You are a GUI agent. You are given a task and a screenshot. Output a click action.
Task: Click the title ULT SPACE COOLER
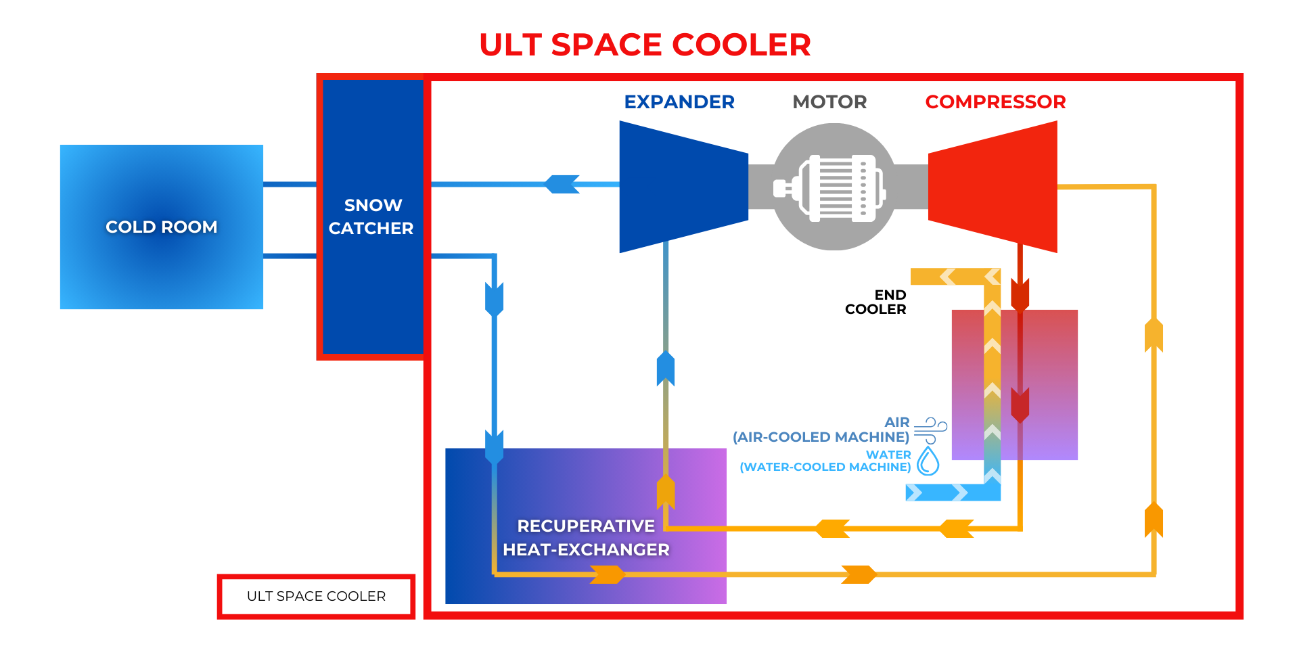644,45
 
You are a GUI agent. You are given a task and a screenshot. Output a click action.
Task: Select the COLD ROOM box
161,227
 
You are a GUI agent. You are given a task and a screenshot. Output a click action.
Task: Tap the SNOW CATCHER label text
371,216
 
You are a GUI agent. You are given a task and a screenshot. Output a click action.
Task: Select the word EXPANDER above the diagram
679,101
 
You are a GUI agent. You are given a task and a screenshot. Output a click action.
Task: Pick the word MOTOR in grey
829,101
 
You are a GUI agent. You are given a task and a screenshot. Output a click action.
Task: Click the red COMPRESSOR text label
995,101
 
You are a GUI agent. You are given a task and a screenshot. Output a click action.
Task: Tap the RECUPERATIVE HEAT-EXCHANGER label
586,538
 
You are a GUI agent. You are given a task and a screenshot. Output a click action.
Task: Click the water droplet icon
928,461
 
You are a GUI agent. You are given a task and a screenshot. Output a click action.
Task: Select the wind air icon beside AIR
930,430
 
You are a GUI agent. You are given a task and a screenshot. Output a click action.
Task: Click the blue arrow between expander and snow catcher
562,184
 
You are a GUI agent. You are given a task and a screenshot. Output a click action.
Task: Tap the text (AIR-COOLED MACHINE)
821,437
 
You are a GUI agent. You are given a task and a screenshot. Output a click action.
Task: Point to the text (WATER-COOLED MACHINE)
825,467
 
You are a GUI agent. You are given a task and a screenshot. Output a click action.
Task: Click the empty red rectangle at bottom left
316,596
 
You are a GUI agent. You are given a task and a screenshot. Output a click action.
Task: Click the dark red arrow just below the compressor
1020,295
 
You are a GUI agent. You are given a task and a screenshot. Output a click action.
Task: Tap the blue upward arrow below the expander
666,369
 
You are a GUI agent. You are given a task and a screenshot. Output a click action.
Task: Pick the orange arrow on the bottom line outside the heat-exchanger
859,574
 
